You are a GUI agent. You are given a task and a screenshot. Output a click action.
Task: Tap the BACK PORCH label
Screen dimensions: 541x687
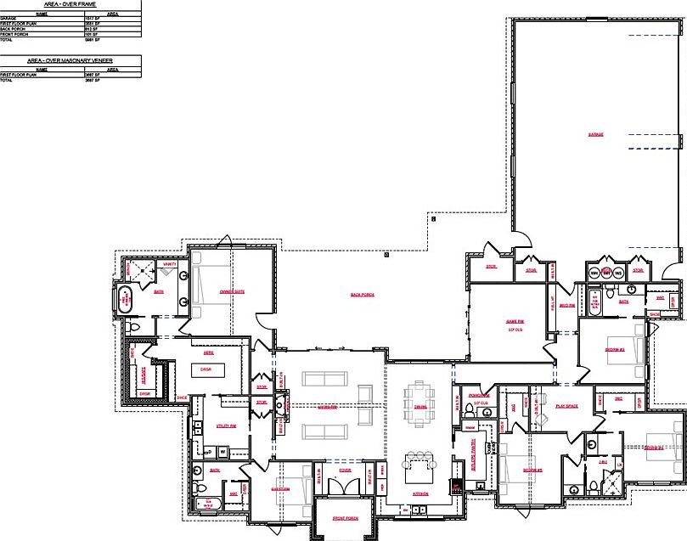coord(363,295)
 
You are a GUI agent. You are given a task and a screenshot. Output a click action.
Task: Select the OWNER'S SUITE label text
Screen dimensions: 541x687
coord(232,291)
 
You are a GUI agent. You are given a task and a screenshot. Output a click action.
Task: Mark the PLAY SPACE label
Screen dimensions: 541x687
coord(566,406)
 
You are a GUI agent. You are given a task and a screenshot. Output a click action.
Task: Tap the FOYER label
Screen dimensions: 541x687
coord(346,468)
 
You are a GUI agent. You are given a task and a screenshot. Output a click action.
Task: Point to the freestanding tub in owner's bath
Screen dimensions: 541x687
coord(127,300)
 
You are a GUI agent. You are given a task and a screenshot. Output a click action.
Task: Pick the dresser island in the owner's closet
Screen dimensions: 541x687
coord(205,369)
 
